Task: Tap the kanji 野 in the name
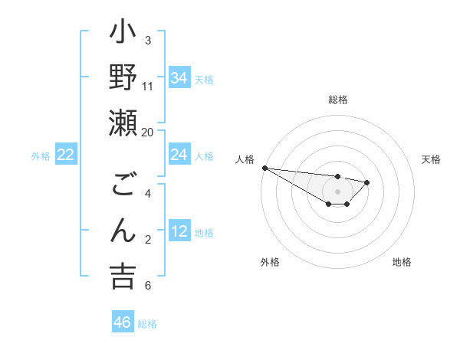pyautogui.click(x=123, y=78)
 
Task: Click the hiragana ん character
pyautogui.click(x=123, y=231)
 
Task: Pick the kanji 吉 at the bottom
pyautogui.click(x=123, y=276)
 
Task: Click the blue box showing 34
pyautogui.click(x=179, y=77)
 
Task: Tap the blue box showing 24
pyautogui.click(x=179, y=155)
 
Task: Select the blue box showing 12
pyautogui.click(x=179, y=231)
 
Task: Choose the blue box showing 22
pyautogui.click(x=66, y=155)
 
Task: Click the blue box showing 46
pyautogui.click(x=123, y=322)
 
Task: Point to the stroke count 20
pyautogui.click(x=148, y=132)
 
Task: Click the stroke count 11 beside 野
pyautogui.click(x=148, y=86)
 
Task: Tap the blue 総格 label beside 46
pyautogui.click(x=147, y=324)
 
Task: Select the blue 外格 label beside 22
pyautogui.click(x=41, y=156)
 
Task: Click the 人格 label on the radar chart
pyautogui.click(x=245, y=159)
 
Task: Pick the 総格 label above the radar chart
pyautogui.click(x=337, y=100)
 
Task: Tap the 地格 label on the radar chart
pyautogui.click(x=402, y=262)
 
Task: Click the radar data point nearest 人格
pyautogui.click(x=264, y=168)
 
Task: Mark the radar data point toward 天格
pyautogui.click(x=367, y=182)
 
